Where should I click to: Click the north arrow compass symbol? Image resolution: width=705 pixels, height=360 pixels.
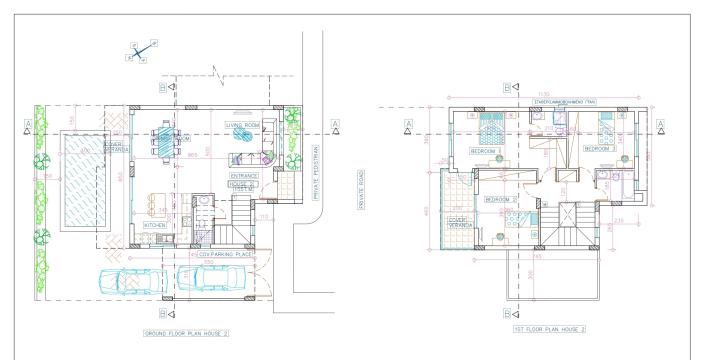pyautogui.click(x=141, y=51)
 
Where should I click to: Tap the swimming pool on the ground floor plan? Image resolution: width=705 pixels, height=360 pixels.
pyautogui.click(x=77, y=189)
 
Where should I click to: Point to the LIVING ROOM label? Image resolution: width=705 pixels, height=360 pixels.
pyautogui.click(x=243, y=124)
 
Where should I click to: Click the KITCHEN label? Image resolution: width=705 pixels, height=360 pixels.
pyautogui.click(x=154, y=225)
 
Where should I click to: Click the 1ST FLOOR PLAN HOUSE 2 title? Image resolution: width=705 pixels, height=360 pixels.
pyautogui.click(x=548, y=328)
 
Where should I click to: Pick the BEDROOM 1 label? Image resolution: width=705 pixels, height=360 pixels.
pyautogui.click(x=485, y=152)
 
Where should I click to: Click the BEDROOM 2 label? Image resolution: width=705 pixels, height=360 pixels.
pyautogui.click(x=497, y=199)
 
